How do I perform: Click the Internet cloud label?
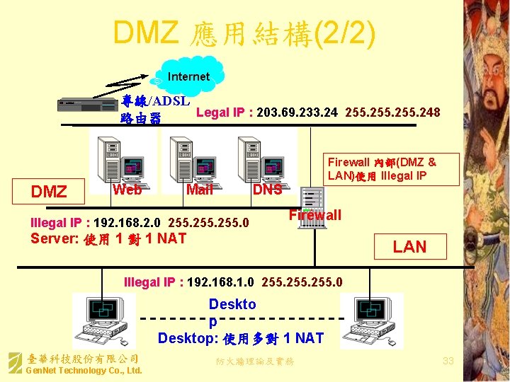188,76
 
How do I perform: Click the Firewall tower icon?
310,207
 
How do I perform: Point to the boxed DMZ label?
49,191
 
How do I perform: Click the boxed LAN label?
409,246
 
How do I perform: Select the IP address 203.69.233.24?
297,112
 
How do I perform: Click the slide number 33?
448,361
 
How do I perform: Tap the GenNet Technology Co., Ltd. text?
84,371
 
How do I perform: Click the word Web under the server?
127,189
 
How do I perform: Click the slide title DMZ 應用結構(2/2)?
244,32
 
